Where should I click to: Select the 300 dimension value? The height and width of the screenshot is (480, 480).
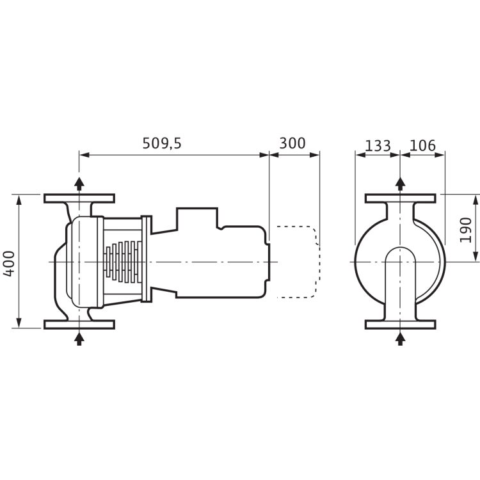(x=293, y=144)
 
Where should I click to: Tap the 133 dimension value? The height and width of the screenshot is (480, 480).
(x=378, y=145)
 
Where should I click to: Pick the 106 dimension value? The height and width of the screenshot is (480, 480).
(x=422, y=145)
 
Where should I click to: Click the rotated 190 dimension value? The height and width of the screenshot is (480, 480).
(x=467, y=229)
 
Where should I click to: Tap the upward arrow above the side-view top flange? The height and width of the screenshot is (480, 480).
(x=79, y=184)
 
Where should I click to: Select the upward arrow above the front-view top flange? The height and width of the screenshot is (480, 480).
(x=401, y=184)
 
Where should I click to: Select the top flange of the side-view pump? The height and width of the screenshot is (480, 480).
(x=79, y=198)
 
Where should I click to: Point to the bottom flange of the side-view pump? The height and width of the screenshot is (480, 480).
(x=79, y=324)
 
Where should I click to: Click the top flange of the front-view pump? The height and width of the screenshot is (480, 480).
(x=401, y=198)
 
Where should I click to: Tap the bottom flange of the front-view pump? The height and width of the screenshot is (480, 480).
(x=401, y=324)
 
